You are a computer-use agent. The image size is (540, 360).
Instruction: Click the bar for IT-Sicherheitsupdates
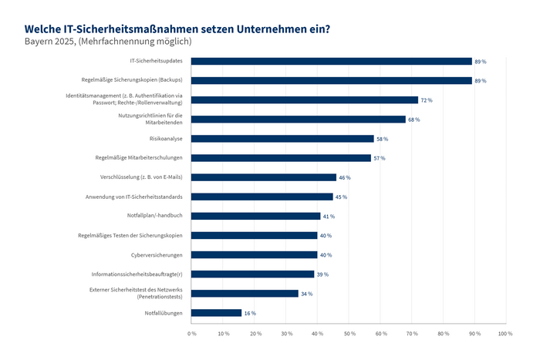[332, 61]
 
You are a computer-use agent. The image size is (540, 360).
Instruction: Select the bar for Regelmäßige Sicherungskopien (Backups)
[332, 80]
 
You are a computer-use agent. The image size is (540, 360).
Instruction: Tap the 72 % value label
[426, 100]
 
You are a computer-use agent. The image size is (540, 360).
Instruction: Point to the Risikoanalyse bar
[282, 139]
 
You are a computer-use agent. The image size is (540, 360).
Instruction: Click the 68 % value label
[413, 119]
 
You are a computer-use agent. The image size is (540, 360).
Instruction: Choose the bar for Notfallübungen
[216, 313]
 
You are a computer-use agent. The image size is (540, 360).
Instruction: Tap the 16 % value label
[250, 313]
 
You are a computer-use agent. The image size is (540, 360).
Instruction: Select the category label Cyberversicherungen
[156, 254]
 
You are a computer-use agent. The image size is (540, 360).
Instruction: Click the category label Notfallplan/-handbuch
[154, 216]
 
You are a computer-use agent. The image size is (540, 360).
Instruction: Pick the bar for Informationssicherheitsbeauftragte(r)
[252, 274]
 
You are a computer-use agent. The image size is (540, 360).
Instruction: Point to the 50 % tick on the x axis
[349, 333]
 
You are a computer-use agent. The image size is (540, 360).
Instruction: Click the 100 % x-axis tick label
[505, 333]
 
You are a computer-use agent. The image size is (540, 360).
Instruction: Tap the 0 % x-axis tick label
[191, 333]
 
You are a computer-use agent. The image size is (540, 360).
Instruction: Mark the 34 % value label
[306, 294]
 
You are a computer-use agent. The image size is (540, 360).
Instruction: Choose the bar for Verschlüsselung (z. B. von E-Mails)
[264, 177]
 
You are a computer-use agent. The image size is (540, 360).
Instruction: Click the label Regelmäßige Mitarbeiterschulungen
[139, 158]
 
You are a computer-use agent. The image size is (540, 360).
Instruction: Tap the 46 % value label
[344, 177]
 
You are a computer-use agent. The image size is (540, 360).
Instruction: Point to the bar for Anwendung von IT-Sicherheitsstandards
[262, 197]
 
